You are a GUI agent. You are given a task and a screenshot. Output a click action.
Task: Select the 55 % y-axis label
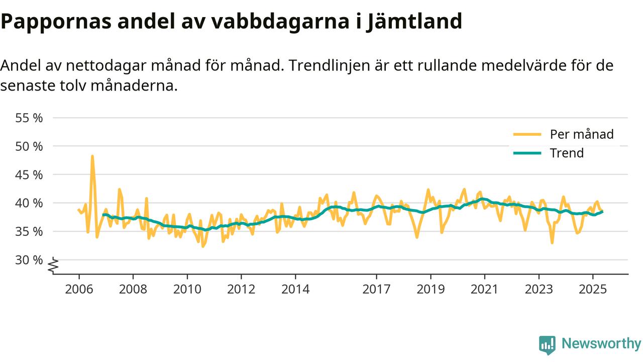click(x=30, y=118)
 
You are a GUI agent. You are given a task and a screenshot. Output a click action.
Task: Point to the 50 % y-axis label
click(x=30, y=146)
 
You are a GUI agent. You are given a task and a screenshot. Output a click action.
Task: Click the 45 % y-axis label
click(x=30, y=175)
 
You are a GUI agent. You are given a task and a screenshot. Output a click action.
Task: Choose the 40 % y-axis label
click(x=30, y=203)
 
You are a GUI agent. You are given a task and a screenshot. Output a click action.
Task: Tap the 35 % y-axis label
click(x=30, y=232)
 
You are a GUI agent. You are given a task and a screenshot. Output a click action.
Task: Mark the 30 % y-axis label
click(x=30, y=260)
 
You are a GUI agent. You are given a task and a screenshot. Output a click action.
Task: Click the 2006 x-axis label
click(x=79, y=290)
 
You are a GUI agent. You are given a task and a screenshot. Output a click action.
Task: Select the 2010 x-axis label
click(x=187, y=290)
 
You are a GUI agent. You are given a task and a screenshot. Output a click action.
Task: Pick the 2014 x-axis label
click(x=295, y=290)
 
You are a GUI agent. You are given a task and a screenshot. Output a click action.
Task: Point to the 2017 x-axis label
click(x=376, y=290)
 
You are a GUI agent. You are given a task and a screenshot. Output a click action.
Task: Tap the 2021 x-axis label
click(x=484, y=290)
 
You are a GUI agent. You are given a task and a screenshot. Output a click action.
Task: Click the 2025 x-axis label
click(x=592, y=290)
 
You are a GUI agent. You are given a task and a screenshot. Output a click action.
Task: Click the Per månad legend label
click(x=582, y=134)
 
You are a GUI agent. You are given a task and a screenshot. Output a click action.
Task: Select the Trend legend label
click(x=567, y=153)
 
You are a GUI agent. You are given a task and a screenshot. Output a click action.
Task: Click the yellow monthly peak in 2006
click(x=92, y=156)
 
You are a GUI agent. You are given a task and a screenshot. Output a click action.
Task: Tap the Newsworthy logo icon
click(x=547, y=345)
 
